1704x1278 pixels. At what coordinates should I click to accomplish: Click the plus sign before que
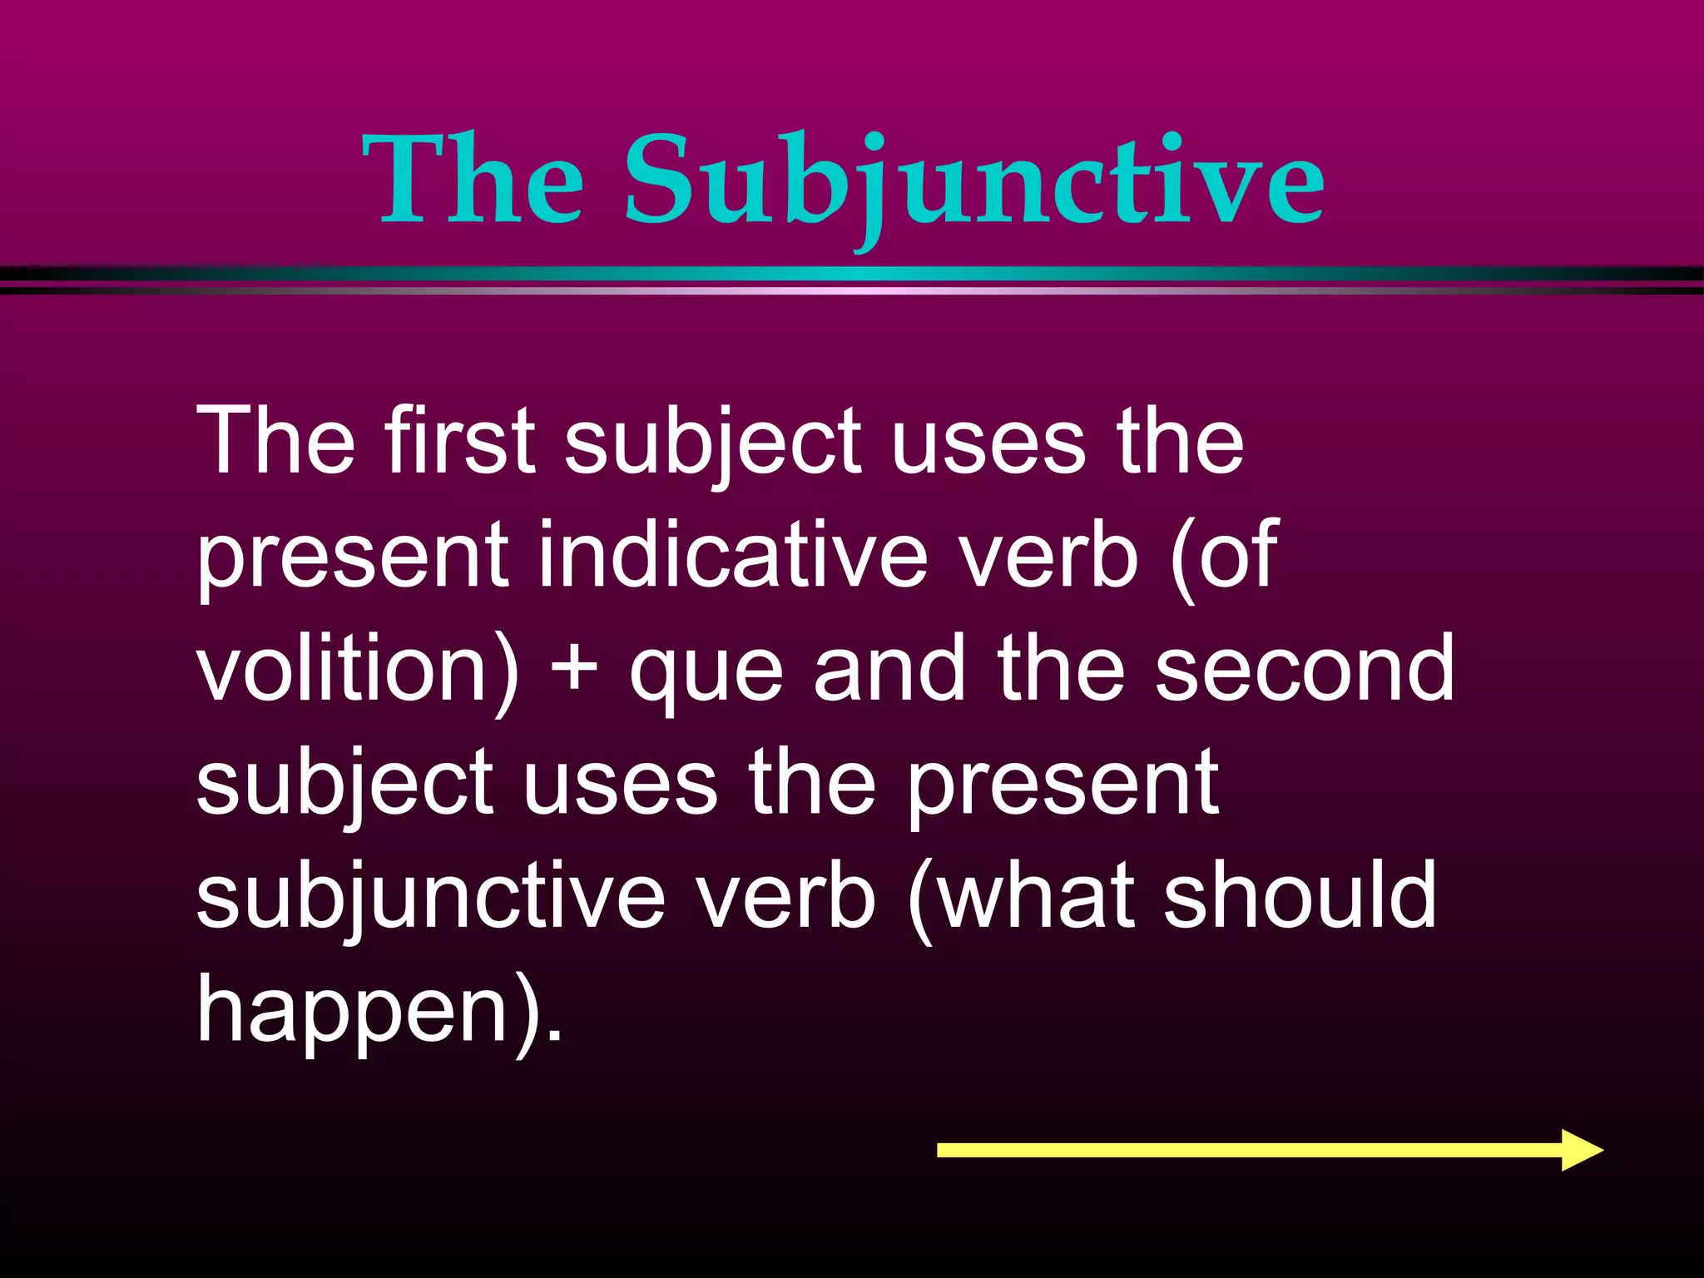(574, 670)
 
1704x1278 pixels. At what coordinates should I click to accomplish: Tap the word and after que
(889, 668)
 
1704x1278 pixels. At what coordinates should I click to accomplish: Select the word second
(1305, 668)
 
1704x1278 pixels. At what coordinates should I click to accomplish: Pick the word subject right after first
(714, 443)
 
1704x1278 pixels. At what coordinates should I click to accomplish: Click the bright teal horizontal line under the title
(852, 274)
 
